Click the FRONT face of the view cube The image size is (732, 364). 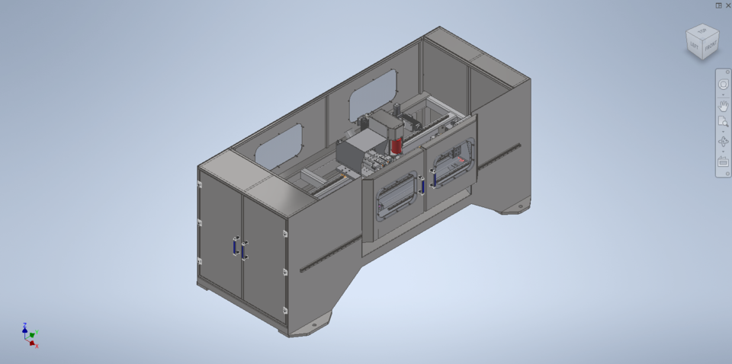tap(711, 47)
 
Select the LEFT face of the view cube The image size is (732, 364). tap(695, 47)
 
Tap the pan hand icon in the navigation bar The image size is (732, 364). tap(724, 105)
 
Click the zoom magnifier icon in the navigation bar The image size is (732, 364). tap(724, 123)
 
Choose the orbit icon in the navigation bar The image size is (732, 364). tap(724, 142)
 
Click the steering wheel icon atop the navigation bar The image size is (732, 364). tap(724, 86)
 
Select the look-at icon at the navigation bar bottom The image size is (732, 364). tap(724, 161)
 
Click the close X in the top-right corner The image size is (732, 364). tap(727, 5)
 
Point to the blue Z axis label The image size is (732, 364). tap(24, 324)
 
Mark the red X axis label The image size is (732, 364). tap(37, 346)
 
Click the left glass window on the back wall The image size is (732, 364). tap(279, 145)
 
